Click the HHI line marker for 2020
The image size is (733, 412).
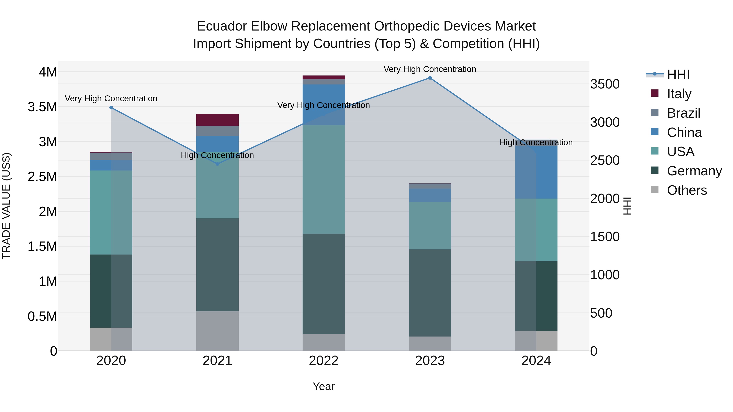pyautogui.click(x=111, y=107)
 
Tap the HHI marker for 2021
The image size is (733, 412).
pyautogui.click(x=217, y=164)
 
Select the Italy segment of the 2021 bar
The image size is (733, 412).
pyautogui.click(x=217, y=120)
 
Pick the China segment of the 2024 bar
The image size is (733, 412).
pyautogui.click(x=536, y=171)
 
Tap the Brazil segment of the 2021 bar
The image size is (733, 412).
pyautogui.click(x=217, y=131)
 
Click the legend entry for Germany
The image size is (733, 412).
pyautogui.click(x=694, y=171)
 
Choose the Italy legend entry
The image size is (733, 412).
pyautogui.click(x=679, y=94)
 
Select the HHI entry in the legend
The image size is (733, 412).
pyautogui.click(x=678, y=74)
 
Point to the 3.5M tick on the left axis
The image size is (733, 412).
pyautogui.click(x=42, y=107)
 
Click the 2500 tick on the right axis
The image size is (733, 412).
pyautogui.click(x=605, y=160)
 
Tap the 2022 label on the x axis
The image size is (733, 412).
pyautogui.click(x=324, y=361)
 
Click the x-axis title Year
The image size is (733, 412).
pyautogui.click(x=324, y=386)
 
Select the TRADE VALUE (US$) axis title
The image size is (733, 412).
pyautogui.click(x=6, y=206)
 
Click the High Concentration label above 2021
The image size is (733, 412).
pyautogui.click(x=217, y=155)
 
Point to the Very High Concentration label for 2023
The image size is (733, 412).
pyautogui.click(x=430, y=69)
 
